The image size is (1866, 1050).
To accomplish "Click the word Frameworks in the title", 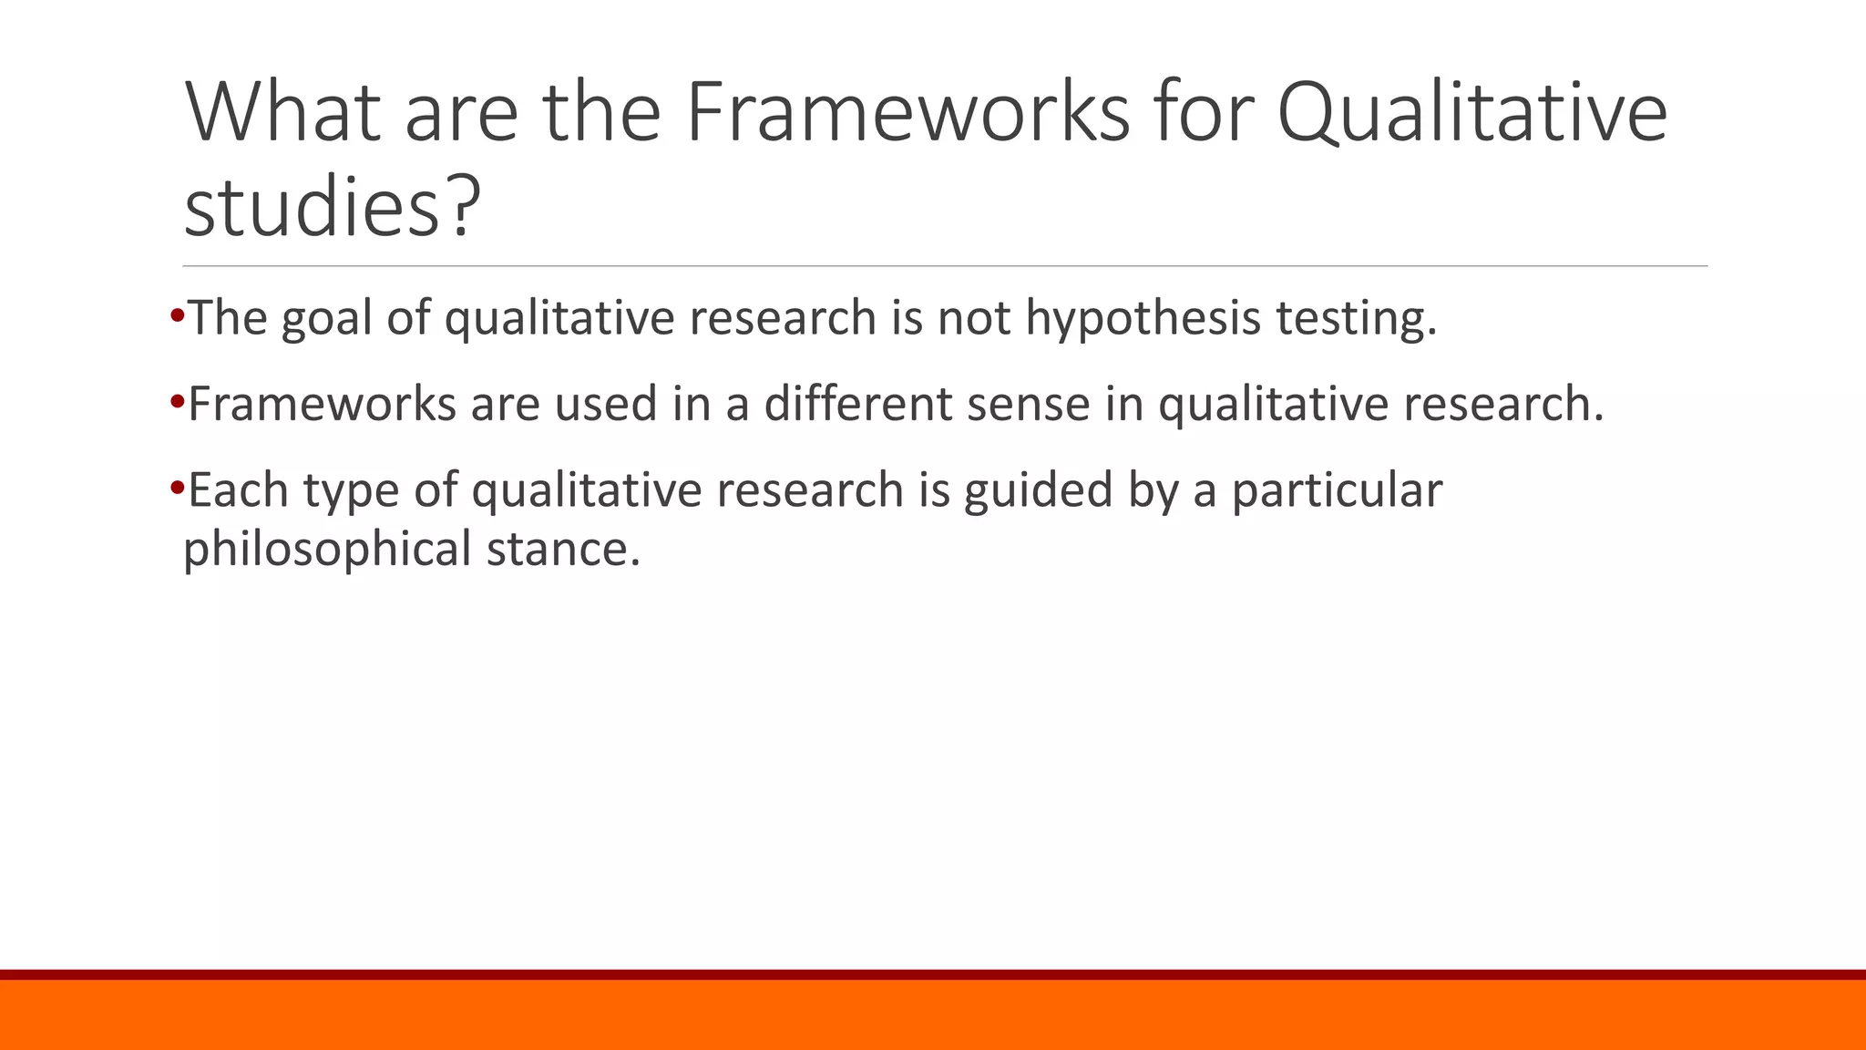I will point(907,112).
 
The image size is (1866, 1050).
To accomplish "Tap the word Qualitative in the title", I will point(1471,112).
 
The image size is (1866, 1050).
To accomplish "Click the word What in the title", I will point(282,112).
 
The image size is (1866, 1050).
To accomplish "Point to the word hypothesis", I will point(1143,318).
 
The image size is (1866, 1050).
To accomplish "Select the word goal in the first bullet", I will point(327,318).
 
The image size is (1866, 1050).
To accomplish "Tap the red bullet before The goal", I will point(177,316).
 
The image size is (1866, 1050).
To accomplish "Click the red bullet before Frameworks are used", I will point(177,401).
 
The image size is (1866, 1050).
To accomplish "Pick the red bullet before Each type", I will point(177,487).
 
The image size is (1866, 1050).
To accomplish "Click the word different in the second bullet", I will point(857,404).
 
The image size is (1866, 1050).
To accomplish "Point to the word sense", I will point(1028,404).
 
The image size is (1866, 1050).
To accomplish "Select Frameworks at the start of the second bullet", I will point(322,404).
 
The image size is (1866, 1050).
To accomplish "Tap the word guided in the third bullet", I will point(1039,489).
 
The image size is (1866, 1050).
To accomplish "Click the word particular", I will point(1337,489).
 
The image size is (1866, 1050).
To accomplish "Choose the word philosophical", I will point(326,549).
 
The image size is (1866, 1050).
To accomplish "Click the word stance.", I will point(563,549).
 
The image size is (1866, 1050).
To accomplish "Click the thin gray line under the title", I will point(945,266).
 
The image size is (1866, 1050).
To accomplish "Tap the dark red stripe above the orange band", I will point(933,974).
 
